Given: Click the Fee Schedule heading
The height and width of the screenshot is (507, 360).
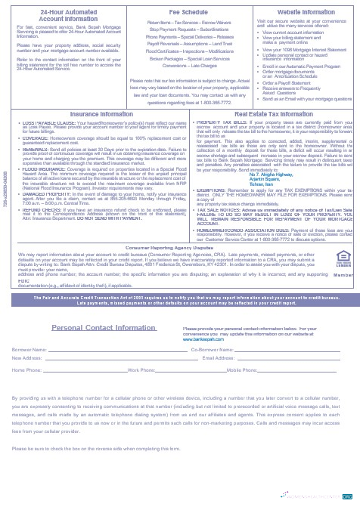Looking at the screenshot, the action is pos(185,12).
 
